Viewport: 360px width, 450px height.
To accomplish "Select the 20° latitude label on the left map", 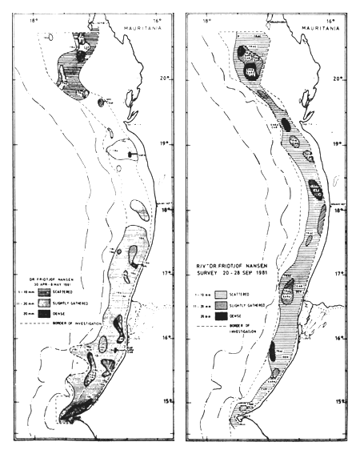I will pos(166,78).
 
